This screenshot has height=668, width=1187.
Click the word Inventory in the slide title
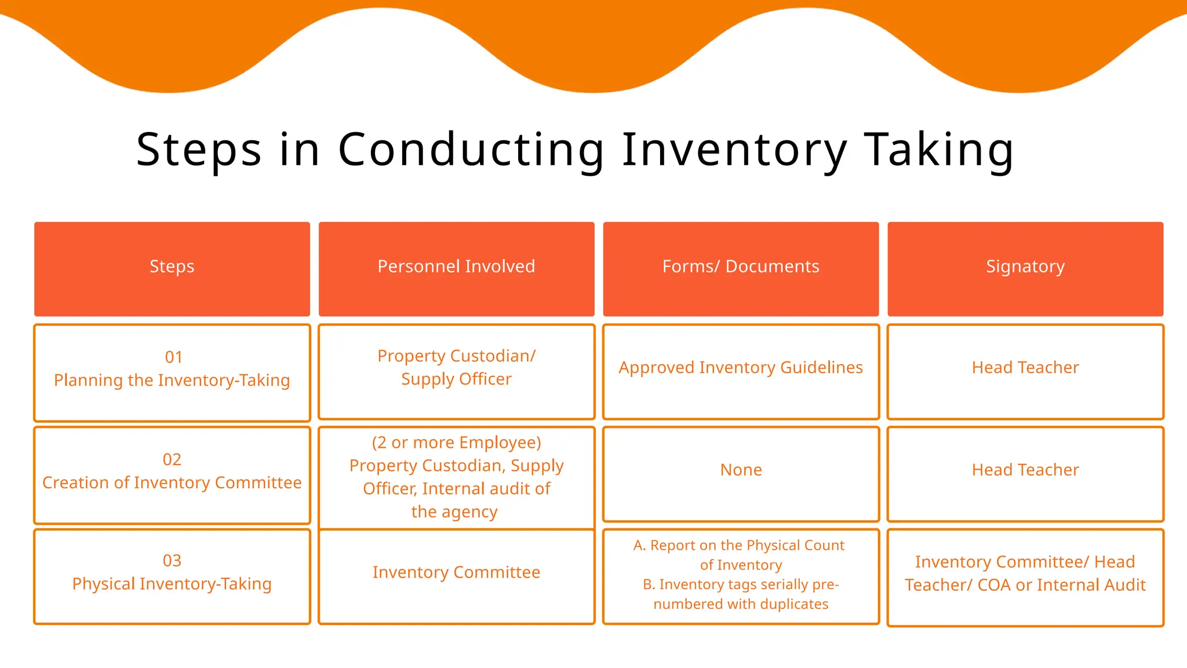tap(734, 150)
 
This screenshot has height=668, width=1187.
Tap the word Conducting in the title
tap(471, 150)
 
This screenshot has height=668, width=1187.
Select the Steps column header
tap(172, 267)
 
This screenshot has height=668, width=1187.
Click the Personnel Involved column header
tap(456, 267)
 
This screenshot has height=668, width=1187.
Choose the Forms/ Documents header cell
tap(741, 267)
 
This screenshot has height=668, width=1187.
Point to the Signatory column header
tap(1025, 267)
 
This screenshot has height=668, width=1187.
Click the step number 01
tap(173, 357)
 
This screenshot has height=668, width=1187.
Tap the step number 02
tap(172, 460)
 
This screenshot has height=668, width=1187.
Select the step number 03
tap(172, 561)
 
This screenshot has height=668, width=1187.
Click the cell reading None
tap(741, 470)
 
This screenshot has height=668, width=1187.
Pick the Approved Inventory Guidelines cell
tap(741, 368)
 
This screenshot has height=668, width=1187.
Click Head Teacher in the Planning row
tap(1025, 368)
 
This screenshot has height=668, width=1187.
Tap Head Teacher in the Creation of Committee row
tap(1025, 470)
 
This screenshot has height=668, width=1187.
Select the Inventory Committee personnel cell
tap(456, 572)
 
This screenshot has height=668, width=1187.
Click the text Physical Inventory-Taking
tap(172, 584)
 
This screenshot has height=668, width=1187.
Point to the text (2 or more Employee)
tap(456, 442)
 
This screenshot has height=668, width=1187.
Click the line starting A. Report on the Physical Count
tap(739, 546)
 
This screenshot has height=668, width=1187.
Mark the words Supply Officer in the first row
tap(456, 379)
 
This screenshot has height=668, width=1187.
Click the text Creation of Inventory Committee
tap(172, 483)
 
